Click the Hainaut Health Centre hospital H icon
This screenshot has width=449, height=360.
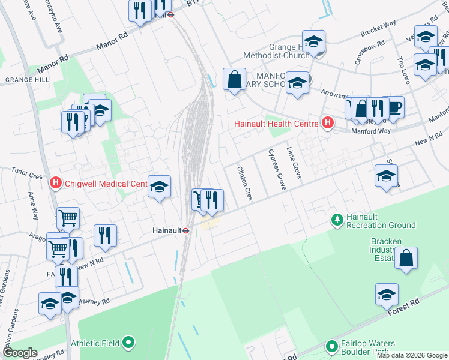pyautogui.click(x=328, y=124)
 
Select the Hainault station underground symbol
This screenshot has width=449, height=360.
pyautogui.click(x=187, y=230)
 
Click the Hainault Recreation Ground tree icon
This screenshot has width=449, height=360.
pyautogui.click(x=337, y=220)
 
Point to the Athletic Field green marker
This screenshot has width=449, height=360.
pyautogui.click(x=128, y=343)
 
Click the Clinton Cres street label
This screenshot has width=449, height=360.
pyautogui.click(x=244, y=183)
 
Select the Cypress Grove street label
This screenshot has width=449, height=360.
pyautogui.click(x=276, y=170)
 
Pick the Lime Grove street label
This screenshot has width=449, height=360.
pyautogui.click(x=294, y=162)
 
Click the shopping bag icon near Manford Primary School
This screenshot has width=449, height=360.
pyautogui.click(x=234, y=79)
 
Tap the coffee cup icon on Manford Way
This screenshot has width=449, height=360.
pyautogui.click(x=393, y=107)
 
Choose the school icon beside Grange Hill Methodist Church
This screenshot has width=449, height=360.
pyautogui.click(x=313, y=41)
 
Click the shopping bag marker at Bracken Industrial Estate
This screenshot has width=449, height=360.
pyautogui.click(x=406, y=259)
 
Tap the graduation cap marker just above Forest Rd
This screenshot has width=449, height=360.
pyautogui.click(x=387, y=295)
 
